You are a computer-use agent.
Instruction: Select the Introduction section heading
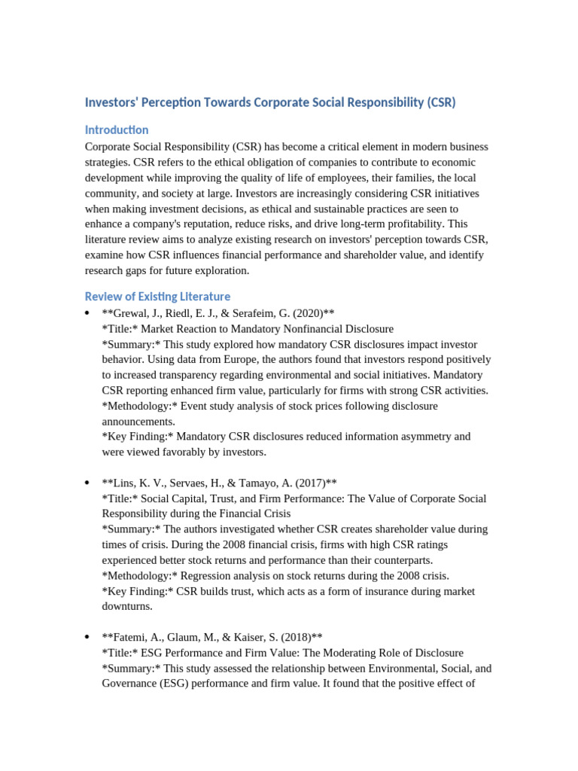tap(117, 130)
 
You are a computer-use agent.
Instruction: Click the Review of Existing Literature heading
tap(157, 296)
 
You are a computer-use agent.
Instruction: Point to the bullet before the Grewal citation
tap(88, 313)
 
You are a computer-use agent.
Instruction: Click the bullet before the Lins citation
tap(88, 483)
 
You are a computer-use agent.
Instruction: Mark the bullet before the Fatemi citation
tap(88, 638)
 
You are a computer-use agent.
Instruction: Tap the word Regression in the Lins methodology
tap(195, 576)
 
